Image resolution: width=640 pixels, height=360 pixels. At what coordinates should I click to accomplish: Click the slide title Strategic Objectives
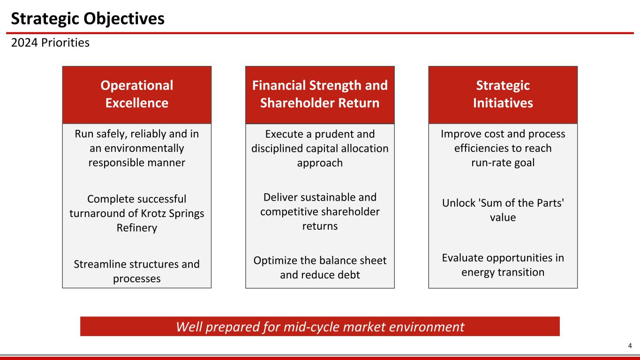88,19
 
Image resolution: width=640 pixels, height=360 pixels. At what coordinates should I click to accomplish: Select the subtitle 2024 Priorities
50,43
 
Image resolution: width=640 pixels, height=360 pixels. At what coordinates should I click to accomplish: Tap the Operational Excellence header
137,94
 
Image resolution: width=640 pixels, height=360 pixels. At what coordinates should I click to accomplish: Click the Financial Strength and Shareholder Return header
320,94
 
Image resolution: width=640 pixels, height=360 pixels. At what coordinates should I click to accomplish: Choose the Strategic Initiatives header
503,94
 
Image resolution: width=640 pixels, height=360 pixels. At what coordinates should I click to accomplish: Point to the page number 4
630,346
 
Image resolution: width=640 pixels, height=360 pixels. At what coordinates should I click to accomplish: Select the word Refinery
137,228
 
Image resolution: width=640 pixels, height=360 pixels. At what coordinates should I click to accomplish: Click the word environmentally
137,149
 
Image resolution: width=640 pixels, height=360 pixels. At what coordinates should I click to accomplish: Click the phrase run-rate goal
503,163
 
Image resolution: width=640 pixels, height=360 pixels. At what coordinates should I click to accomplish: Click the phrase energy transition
503,272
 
